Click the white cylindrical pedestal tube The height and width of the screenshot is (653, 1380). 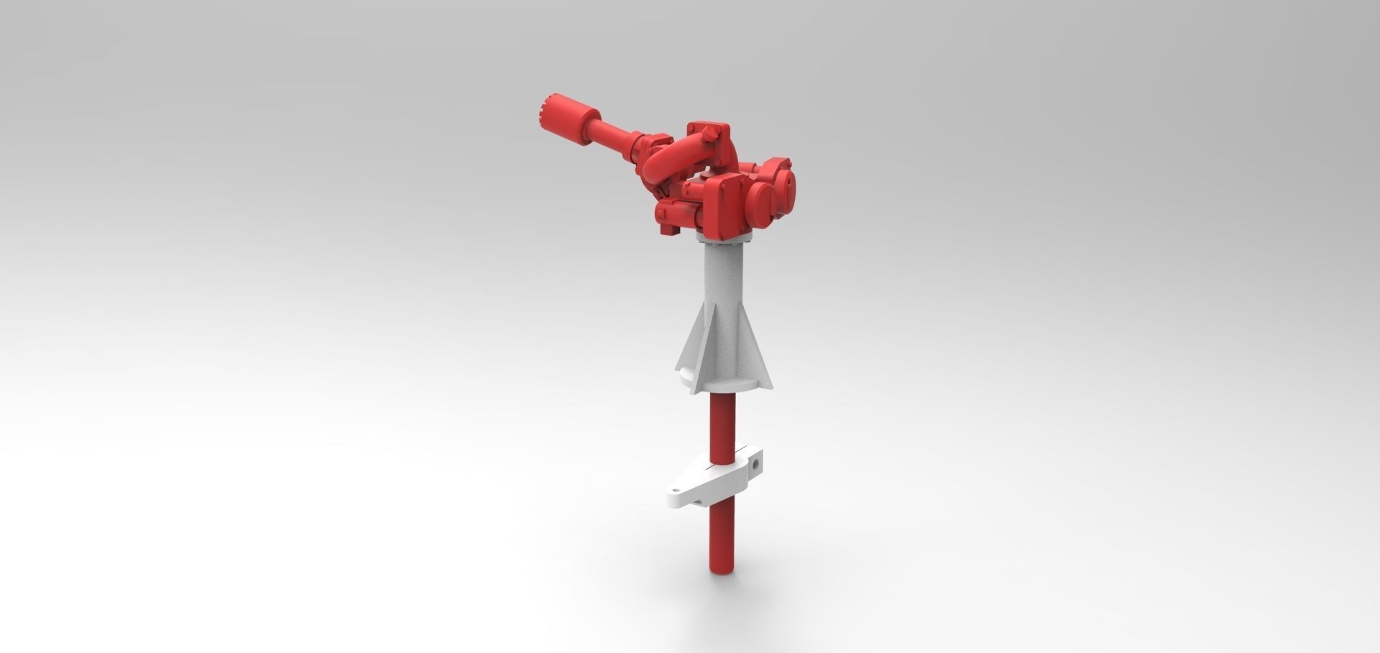coord(724,280)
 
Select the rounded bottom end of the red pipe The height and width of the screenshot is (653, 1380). coord(721,568)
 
